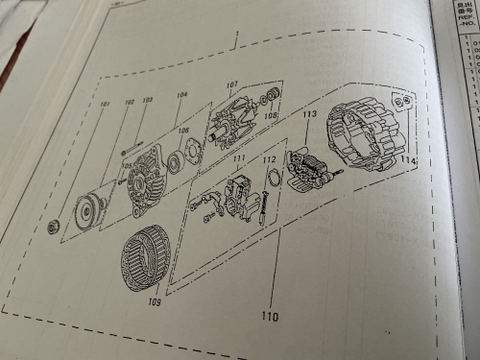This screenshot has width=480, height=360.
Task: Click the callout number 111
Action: coord(239,156)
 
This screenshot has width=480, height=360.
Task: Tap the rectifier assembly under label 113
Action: coord(310,173)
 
